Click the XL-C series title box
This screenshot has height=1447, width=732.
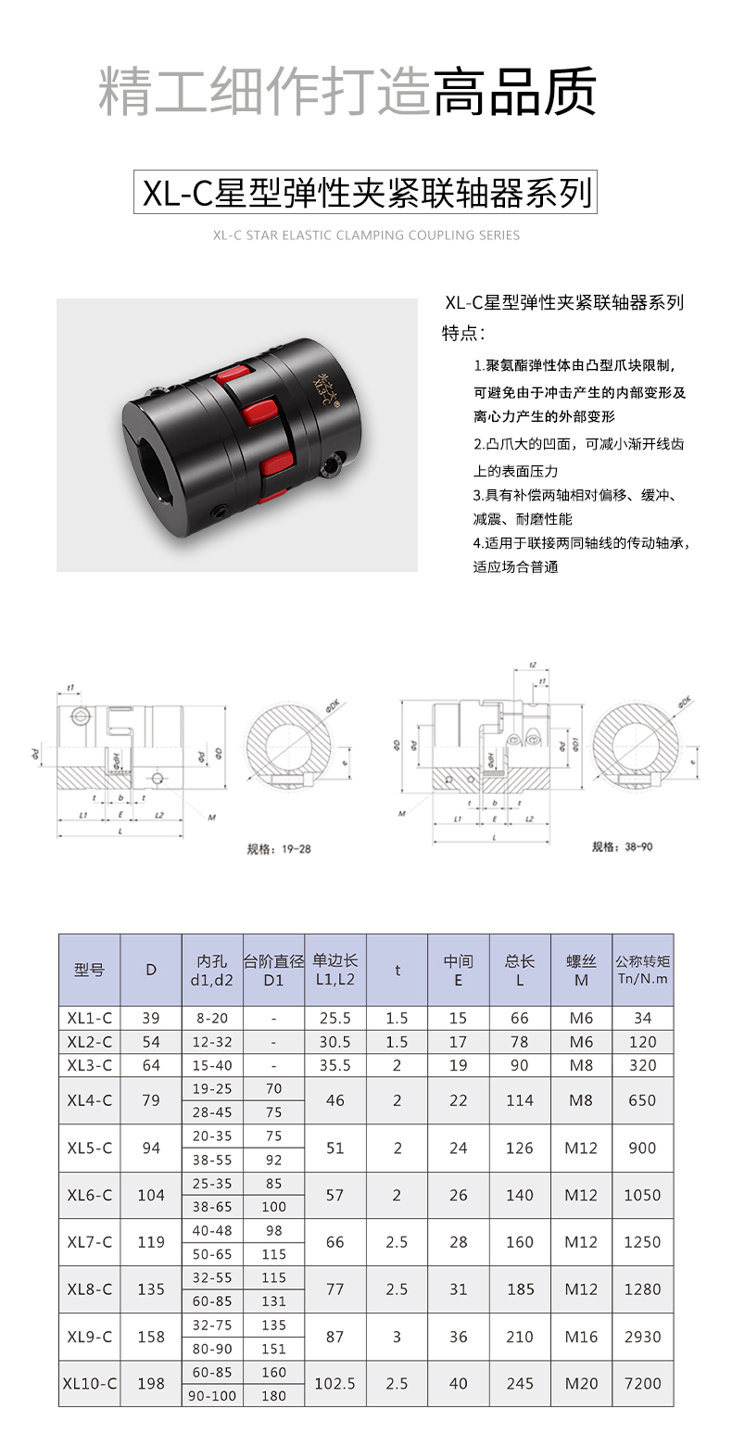tap(365, 192)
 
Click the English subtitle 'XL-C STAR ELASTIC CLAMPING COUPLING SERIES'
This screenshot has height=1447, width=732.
tap(366, 235)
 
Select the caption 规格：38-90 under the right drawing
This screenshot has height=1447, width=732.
tap(622, 846)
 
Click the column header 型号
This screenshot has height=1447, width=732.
tap(89, 970)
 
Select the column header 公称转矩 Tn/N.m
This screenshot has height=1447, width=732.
tap(642, 970)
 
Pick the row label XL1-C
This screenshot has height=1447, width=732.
tap(89, 1018)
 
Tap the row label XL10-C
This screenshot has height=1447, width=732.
tap(89, 1383)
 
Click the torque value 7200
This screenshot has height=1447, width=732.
tap(642, 1383)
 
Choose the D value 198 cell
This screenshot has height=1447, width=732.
tap(151, 1383)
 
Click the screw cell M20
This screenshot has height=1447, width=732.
tap(581, 1383)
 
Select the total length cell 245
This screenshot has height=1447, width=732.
tap(520, 1383)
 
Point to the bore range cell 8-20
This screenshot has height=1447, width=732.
tap(212, 1018)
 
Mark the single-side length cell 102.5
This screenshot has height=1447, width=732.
tap(335, 1383)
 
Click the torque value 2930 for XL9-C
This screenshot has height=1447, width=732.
tap(642, 1337)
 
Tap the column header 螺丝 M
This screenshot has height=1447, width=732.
tap(581, 970)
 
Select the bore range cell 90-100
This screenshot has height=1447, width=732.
tap(212, 1395)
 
